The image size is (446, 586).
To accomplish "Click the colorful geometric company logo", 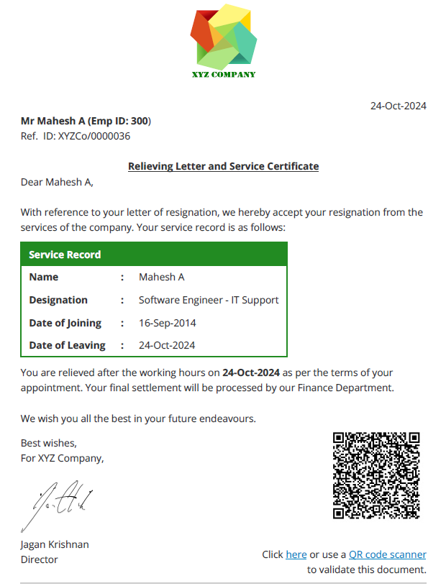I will click(223, 37).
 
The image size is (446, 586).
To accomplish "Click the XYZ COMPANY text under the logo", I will click(223, 75).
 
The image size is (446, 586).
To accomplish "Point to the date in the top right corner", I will click(398, 106).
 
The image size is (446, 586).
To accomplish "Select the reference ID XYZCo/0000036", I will click(94, 135).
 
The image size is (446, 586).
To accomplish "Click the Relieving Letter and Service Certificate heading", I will click(223, 166).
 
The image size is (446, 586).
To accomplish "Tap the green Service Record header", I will click(154, 255).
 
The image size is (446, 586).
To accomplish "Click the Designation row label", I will click(58, 300).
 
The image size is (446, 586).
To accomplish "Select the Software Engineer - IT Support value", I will click(209, 300).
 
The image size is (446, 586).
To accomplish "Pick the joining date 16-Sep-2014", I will click(168, 323).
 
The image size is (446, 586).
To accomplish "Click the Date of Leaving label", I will click(67, 345).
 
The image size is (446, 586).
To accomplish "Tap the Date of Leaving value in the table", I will click(167, 345).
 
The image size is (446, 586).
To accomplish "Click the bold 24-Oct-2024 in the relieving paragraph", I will click(251, 373).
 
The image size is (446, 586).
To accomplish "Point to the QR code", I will click(376, 475).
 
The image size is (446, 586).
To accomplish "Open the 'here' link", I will click(296, 554).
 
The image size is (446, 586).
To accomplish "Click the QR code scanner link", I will click(388, 554).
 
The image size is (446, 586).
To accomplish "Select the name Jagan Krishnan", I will click(55, 544).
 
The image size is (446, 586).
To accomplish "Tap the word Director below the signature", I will click(39, 559).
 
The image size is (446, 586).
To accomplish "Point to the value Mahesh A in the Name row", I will click(162, 277).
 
